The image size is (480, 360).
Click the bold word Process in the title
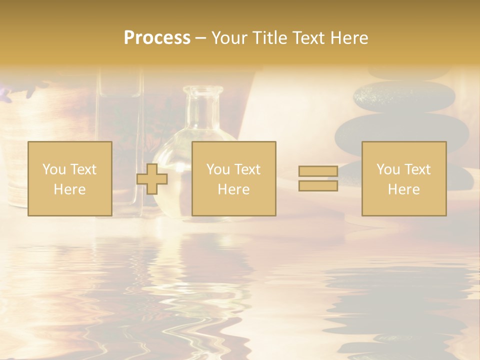click(x=157, y=38)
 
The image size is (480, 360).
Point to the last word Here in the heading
click(x=349, y=38)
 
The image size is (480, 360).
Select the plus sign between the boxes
click(x=152, y=178)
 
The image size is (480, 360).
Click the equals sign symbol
click(x=318, y=178)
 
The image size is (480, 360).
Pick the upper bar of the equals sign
click(x=318, y=171)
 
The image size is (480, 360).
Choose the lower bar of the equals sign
click(x=318, y=185)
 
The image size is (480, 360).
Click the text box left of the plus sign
click(x=69, y=178)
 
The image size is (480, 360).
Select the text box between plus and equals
click(x=233, y=178)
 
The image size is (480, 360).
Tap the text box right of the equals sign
click(x=403, y=178)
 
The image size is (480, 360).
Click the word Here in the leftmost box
click(x=69, y=189)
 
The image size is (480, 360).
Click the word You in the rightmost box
click(x=388, y=169)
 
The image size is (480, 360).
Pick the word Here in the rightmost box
click(x=403, y=189)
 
